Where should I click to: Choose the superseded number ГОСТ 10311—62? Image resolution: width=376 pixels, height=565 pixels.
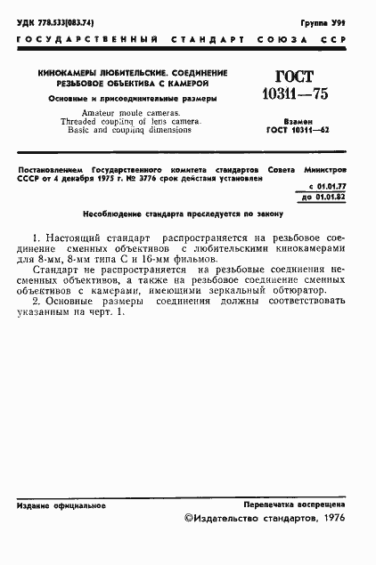[x=302, y=130]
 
